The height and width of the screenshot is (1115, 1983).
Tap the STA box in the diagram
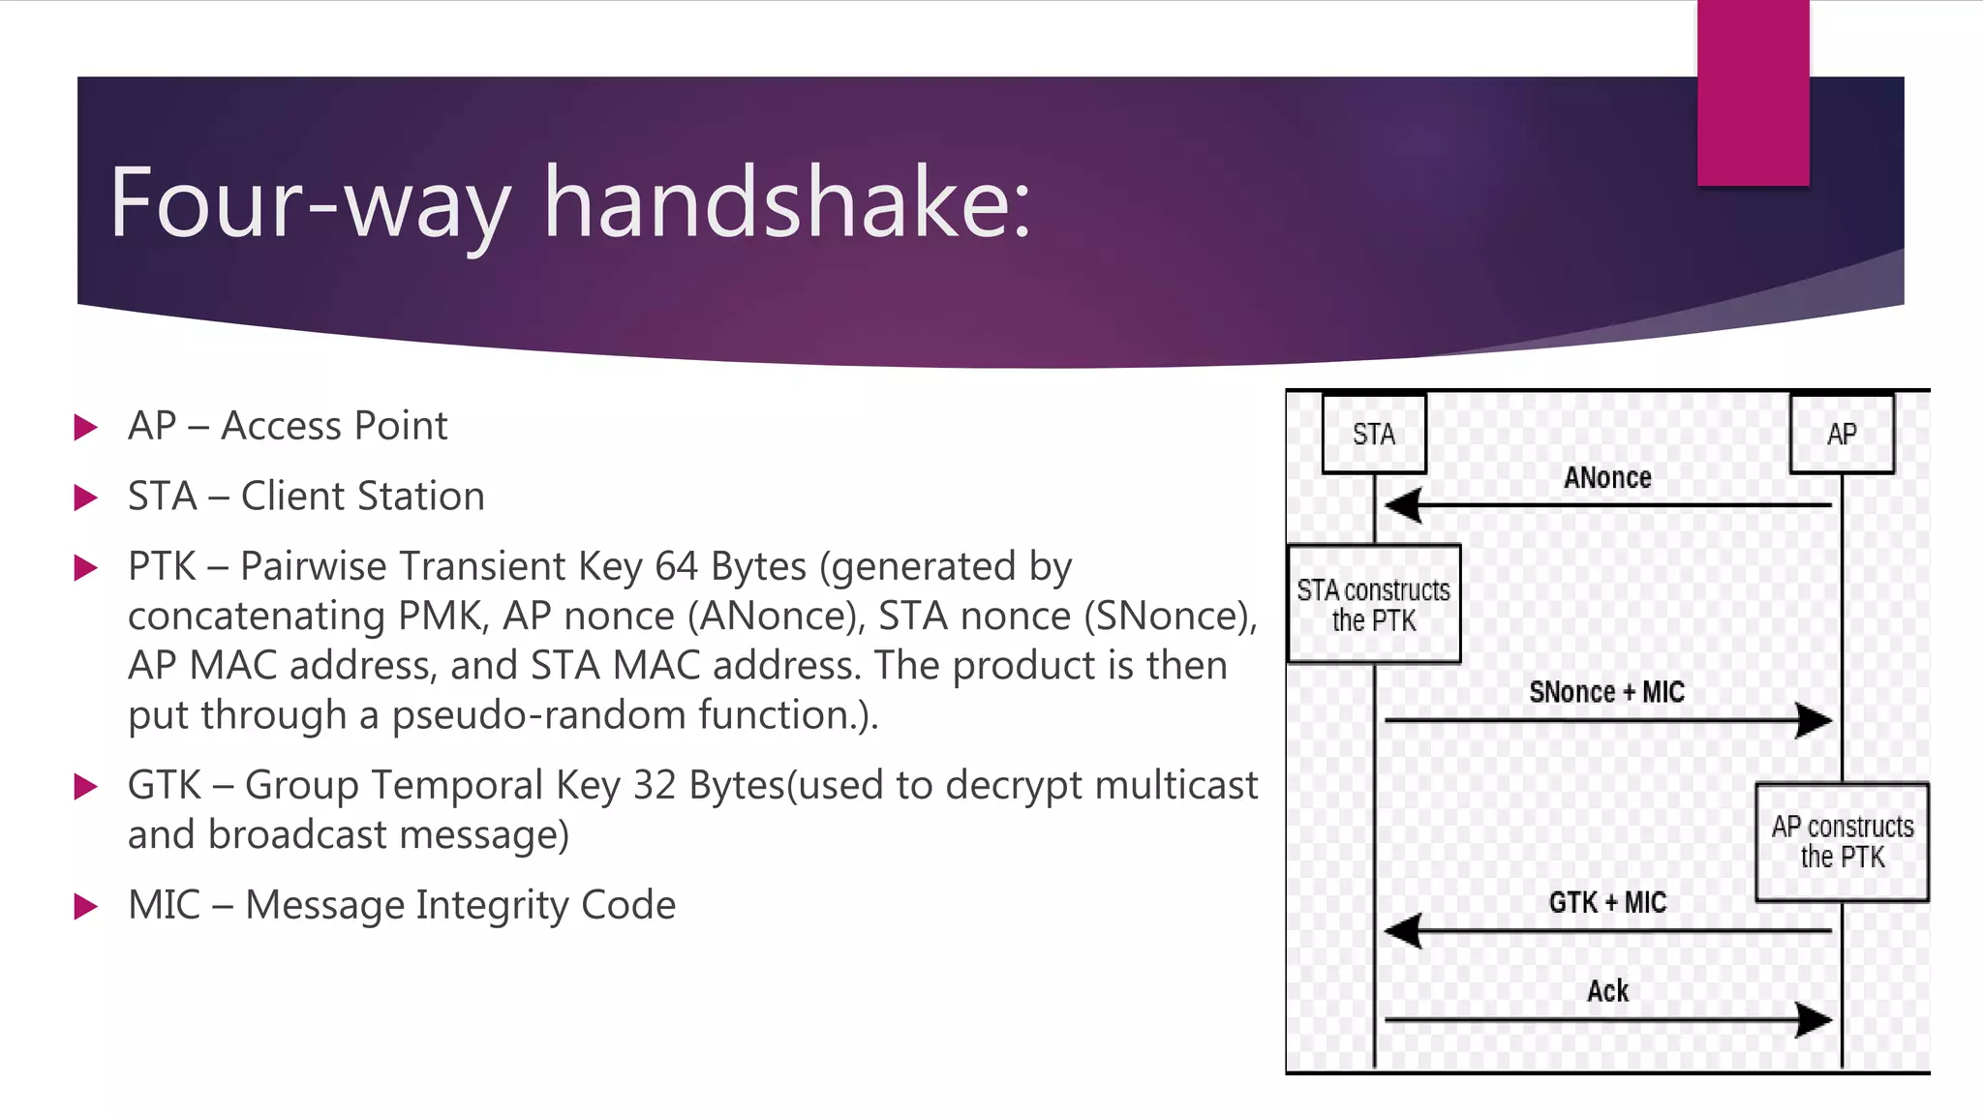pos(1374,434)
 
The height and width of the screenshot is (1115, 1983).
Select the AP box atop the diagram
pos(1842,434)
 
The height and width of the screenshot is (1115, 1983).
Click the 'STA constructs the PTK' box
pos(1374,605)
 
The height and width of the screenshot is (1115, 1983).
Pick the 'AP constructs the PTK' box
pos(1842,842)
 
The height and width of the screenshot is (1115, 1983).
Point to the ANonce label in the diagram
pos(1607,478)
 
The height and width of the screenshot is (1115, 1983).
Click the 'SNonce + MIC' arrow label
pos(1606,692)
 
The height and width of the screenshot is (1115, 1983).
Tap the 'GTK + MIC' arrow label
pos(1607,903)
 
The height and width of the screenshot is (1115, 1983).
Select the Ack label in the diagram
pos(1607,991)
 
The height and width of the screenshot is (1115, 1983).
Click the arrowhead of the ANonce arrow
pos(1402,505)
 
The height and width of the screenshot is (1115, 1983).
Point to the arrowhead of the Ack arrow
pos(1814,1019)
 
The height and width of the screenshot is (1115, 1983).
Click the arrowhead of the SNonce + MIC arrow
pos(1814,720)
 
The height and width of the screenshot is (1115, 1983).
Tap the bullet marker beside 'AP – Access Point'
pos(86,427)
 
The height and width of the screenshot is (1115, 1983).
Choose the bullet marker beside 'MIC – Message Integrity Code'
pos(86,907)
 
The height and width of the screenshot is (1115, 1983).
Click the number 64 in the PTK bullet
pos(676,566)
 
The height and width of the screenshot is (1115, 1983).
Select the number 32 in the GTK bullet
pos(655,785)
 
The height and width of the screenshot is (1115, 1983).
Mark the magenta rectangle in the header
pos(1753,93)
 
